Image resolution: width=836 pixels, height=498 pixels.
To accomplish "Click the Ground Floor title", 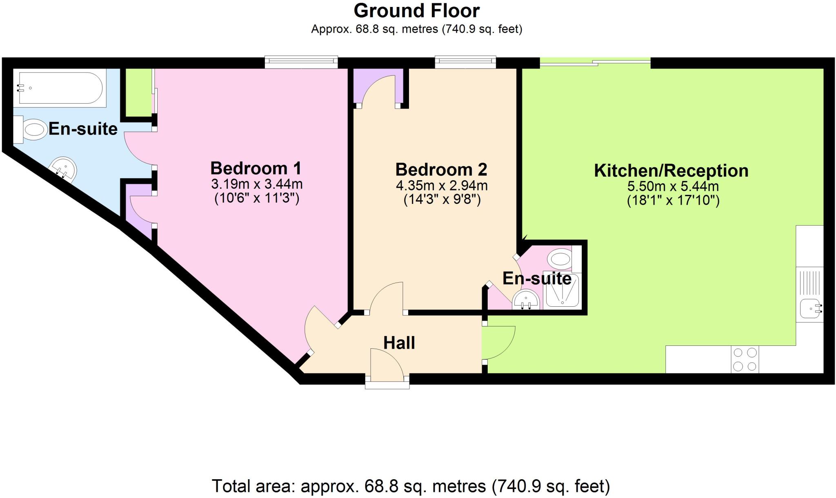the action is pos(416,11).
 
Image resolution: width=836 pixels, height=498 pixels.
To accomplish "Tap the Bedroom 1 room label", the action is pos(256,168).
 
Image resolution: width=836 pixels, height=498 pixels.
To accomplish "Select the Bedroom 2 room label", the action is pos(441,169).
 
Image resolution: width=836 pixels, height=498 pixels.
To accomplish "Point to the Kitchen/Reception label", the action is pos(671,170).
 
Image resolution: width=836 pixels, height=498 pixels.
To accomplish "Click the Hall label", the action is pos(399,343).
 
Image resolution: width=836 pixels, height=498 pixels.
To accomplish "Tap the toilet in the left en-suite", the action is pos(31,129).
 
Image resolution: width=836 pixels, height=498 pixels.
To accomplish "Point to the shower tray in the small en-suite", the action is pos(561,290).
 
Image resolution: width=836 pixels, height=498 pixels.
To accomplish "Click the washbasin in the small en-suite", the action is pos(527,300).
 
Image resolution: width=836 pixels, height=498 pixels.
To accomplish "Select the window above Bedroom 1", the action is pos(301,62).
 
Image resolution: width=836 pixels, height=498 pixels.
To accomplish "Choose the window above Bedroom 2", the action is pos(465,62).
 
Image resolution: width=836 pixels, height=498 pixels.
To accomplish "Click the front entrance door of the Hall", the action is pos(387,366).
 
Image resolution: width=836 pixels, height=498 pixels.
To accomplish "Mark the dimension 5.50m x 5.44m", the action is pos(673,186).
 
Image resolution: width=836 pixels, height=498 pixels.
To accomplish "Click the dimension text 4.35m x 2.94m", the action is pos(442,186).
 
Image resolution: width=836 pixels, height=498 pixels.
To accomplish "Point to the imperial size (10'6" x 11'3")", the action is pos(257,198).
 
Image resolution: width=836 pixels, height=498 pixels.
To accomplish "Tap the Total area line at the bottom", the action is pos(411,486).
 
